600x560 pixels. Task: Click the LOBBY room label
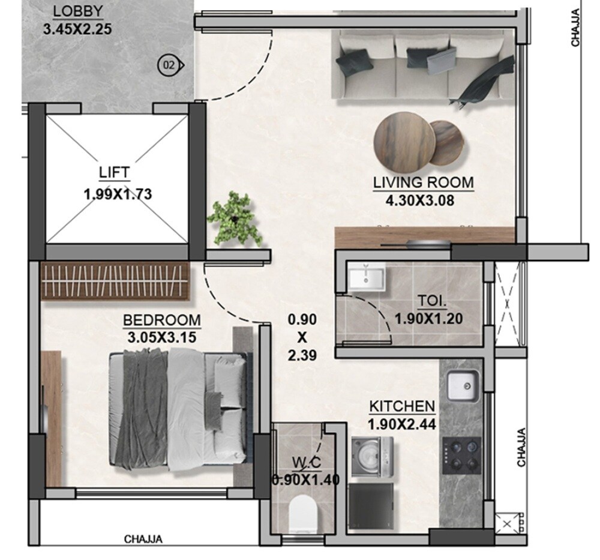click(x=78, y=11)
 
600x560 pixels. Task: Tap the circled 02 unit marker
click(x=169, y=65)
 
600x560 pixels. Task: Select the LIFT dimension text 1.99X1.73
click(x=118, y=194)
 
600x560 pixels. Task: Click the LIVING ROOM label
click(x=423, y=182)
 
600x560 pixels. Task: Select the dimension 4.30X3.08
click(x=420, y=200)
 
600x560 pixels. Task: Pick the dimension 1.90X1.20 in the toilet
click(x=428, y=319)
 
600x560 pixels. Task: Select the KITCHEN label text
click(x=402, y=406)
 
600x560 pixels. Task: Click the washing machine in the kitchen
click(x=372, y=456)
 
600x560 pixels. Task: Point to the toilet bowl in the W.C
click(x=302, y=513)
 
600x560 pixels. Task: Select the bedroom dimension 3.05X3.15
click(x=162, y=337)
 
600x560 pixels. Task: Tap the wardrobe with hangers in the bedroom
click(x=115, y=281)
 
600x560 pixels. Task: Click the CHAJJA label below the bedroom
click(x=143, y=539)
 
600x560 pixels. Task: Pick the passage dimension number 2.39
click(x=302, y=356)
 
